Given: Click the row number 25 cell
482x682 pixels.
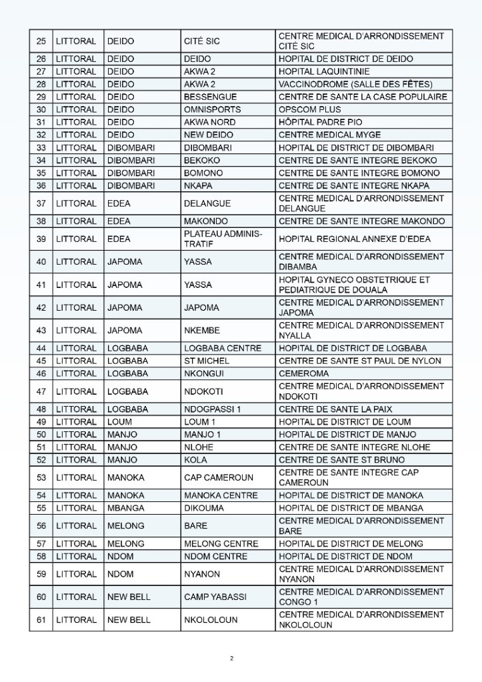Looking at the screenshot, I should [x=41, y=41].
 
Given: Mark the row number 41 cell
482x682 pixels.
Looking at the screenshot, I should [x=41, y=285].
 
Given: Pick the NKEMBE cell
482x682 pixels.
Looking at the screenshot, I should [x=201, y=330].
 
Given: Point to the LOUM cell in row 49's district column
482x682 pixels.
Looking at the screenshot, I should [x=120, y=422].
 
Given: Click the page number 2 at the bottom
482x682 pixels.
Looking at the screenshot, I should [x=231, y=659].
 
